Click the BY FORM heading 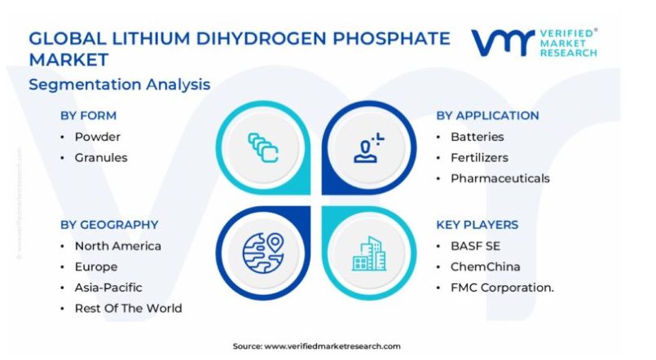pyautogui.click(x=88, y=116)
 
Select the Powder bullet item pyautogui.click(x=98, y=137)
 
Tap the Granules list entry pyautogui.click(x=101, y=158)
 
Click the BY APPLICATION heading pyautogui.click(x=487, y=116)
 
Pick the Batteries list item pyautogui.click(x=477, y=137)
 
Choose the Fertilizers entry pyautogui.click(x=479, y=158)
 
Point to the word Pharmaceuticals pyautogui.click(x=500, y=178)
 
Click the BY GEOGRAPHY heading pyautogui.click(x=109, y=225)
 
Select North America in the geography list pyautogui.click(x=118, y=246)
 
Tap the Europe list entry pyautogui.click(x=96, y=267)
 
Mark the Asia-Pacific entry pyautogui.click(x=108, y=288)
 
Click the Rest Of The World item pyautogui.click(x=129, y=309)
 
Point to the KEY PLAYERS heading pyautogui.click(x=478, y=225)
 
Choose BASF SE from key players pyautogui.click(x=475, y=246)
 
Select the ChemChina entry pyautogui.click(x=486, y=267)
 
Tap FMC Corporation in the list pyautogui.click(x=502, y=288)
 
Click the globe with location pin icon pyautogui.click(x=263, y=253)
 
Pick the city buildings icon pyautogui.click(x=369, y=253)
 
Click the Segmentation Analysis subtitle pyautogui.click(x=120, y=85)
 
